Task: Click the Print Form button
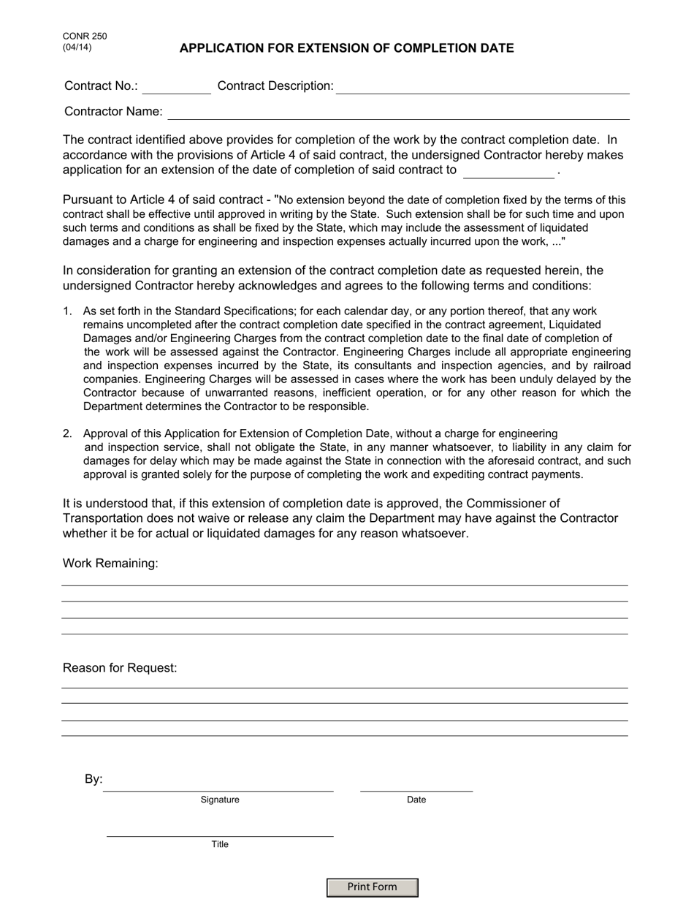(x=372, y=887)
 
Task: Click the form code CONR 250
(x=80, y=37)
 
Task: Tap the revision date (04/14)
(x=77, y=48)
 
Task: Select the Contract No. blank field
(x=176, y=87)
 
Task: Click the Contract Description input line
(x=482, y=87)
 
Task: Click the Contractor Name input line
(x=398, y=113)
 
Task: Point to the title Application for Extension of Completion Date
(x=346, y=48)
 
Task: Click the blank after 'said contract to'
(x=508, y=171)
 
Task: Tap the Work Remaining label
(x=110, y=564)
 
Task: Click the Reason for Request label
(x=120, y=668)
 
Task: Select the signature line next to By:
(x=218, y=784)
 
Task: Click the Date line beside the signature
(x=416, y=784)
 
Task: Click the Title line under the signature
(x=220, y=830)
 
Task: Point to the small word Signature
(x=220, y=800)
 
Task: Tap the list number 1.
(x=67, y=311)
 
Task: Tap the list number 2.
(x=67, y=433)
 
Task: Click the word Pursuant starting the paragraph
(x=88, y=200)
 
